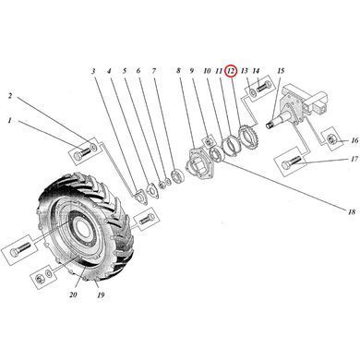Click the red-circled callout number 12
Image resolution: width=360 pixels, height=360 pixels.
[231, 71]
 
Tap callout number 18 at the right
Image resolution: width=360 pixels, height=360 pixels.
[352, 211]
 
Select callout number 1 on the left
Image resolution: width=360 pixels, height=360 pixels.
[9, 121]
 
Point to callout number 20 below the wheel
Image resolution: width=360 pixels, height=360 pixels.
[73, 294]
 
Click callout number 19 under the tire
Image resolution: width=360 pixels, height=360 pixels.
[101, 295]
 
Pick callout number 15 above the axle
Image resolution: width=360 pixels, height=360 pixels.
[281, 71]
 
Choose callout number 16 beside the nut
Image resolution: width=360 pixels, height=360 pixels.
[354, 140]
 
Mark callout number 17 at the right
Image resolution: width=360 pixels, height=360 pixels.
[354, 159]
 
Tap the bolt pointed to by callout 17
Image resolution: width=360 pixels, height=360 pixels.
[291, 162]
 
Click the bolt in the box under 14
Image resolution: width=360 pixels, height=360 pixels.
[262, 87]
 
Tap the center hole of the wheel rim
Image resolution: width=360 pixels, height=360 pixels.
[81, 229]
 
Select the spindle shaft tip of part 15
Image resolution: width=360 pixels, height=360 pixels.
[270, 126]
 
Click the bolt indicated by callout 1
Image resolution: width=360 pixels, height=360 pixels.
[81, 153]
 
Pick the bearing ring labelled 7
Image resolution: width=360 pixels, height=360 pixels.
[178, 177]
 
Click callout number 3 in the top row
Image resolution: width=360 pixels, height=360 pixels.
[93, 71]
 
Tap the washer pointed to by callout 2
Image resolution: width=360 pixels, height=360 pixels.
[94, 147]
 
